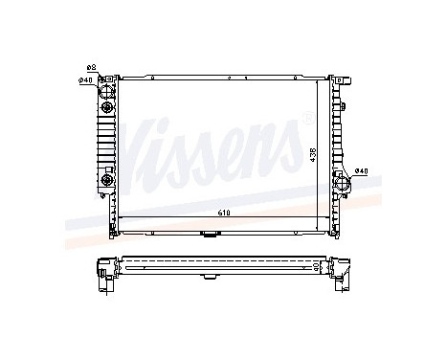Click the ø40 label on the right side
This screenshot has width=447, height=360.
[x=361, y=172]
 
